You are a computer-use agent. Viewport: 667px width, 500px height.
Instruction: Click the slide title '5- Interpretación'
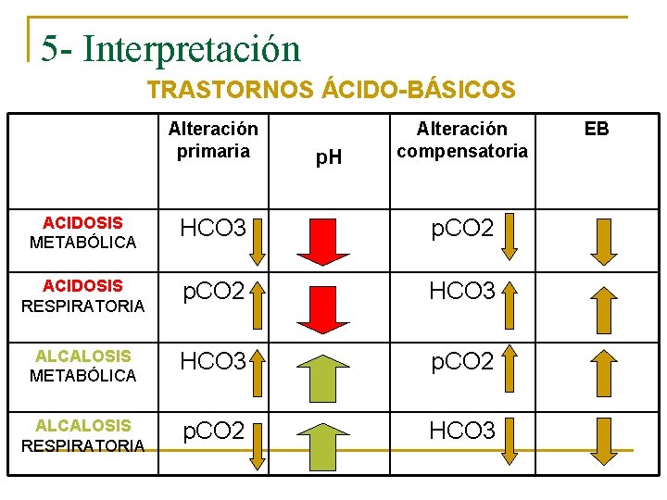[x=170, y=48]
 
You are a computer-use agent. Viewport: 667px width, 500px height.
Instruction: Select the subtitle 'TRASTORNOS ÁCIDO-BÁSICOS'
[x=331, y=90]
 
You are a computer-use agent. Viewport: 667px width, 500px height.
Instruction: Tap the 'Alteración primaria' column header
[x=213, y=139]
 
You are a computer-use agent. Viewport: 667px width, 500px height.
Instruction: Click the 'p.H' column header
[x=328, y=157]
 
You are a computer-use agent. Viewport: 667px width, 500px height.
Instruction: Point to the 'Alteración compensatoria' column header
[x=461, y=139]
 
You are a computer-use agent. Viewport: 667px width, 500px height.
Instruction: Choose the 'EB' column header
[x=597, y=129]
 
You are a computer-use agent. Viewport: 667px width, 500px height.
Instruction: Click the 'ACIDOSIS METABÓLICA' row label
[x=82, y=232]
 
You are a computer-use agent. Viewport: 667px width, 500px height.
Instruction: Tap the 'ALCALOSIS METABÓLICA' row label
[x=82, y=365]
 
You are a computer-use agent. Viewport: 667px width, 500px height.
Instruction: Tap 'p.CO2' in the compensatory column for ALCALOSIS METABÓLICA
[x=461, y=361]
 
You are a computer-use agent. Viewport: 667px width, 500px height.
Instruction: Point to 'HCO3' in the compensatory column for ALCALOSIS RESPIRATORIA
[x=461, y=431]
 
